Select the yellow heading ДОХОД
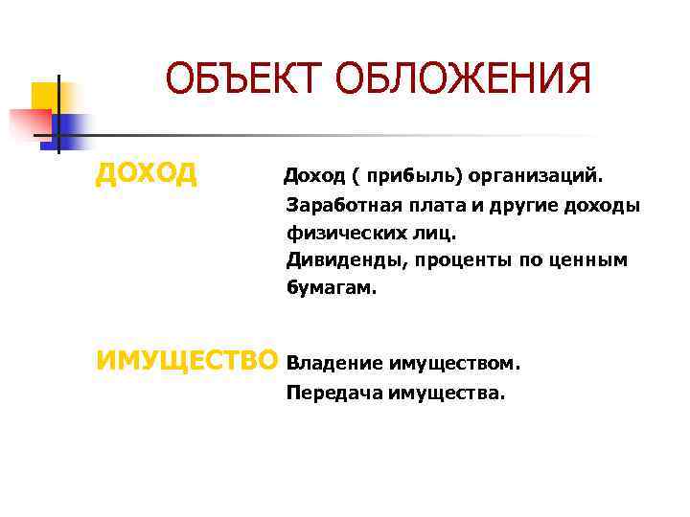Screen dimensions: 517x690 click(147, 173)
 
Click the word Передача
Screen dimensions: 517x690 click(333, 392)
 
